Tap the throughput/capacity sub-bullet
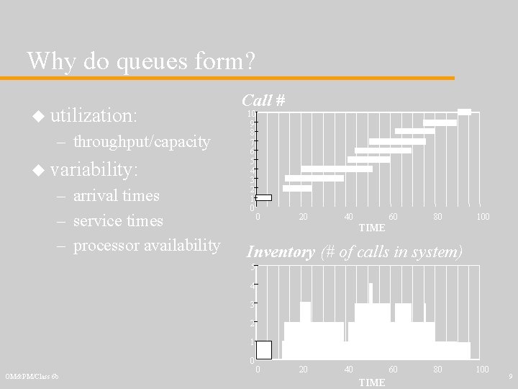(142, 142)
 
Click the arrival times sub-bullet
(117, 195)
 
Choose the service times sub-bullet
(119, 220)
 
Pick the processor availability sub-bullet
(147, 246)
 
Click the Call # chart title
(263, 100)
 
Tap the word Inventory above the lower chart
(281, 252)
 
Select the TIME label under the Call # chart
(372, 228)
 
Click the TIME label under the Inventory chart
(372, 382)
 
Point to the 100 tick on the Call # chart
(483, 217)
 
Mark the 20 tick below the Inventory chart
(303, 370)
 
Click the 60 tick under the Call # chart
(393, 217)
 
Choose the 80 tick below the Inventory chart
(437, 370)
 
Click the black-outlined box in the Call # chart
(264, 197)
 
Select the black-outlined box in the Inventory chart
(264, 350)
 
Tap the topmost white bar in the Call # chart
(465, 112)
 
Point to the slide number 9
(509, 376)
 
